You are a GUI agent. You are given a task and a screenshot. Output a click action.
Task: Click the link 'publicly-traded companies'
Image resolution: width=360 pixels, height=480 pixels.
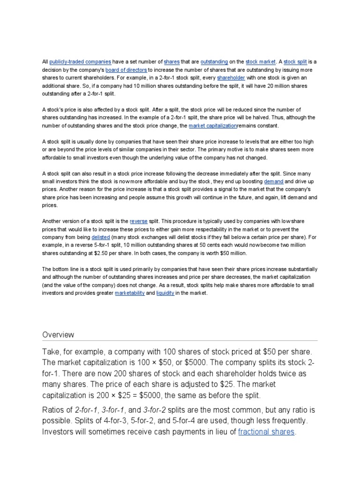(x=80, y=61)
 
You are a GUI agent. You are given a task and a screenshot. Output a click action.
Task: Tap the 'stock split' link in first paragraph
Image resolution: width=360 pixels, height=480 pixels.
(x=296, y=61)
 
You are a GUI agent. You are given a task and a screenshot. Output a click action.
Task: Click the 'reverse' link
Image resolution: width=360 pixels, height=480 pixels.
(x=138, y=221)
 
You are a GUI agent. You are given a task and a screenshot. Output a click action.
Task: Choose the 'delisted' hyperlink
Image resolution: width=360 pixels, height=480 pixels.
(x=101, y=237)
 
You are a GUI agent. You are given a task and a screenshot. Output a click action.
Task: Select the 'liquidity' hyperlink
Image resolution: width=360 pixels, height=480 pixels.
(x=165, y=293)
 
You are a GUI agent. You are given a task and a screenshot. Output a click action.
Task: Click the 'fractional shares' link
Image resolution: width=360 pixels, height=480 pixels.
(x=266, y=432)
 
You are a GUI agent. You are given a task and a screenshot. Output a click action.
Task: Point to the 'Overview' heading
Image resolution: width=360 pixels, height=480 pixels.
(x=58, y=335)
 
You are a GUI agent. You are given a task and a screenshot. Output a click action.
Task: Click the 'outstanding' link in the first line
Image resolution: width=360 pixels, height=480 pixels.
(x=214, y=61)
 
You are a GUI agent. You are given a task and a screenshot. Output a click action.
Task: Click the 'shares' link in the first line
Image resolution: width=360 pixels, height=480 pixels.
(x=172, y=61)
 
